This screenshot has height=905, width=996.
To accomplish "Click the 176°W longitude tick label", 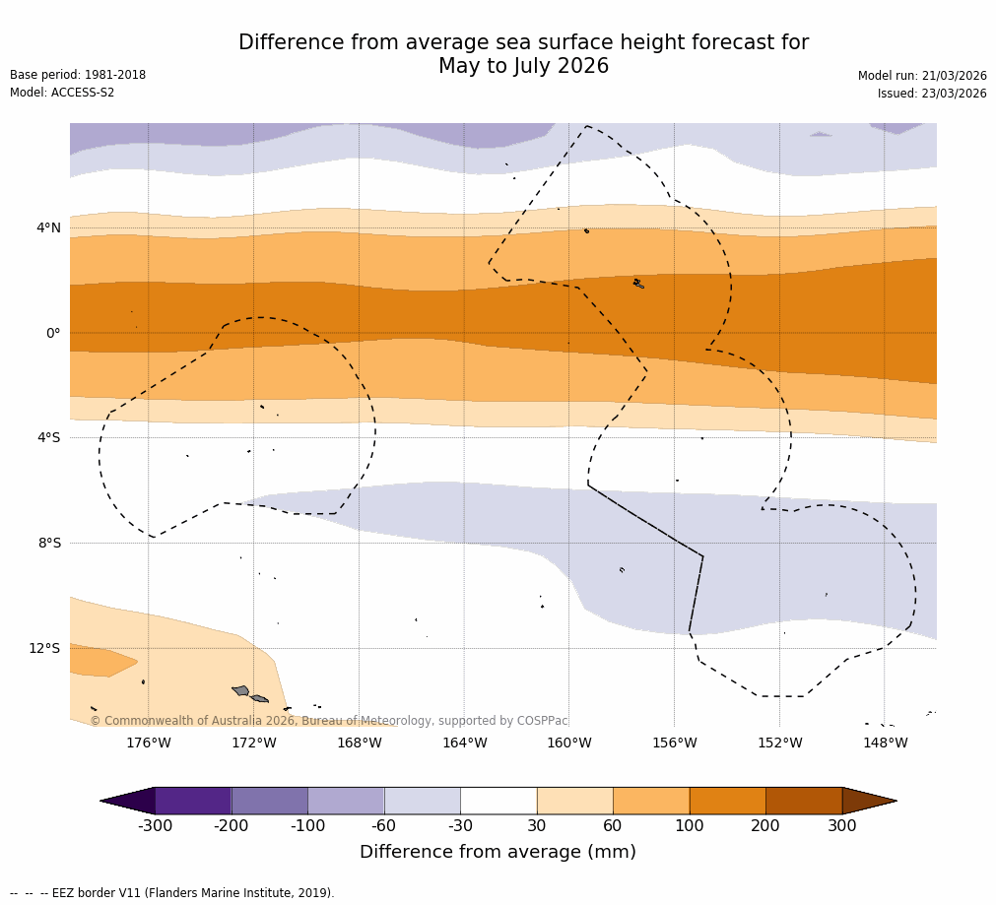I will tap(148, 743).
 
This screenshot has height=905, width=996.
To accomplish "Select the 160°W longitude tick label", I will tap(568, 743).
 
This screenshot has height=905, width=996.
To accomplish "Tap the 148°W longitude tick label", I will tap(885, 743).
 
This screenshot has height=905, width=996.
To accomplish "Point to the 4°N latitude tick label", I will tap(48, 228).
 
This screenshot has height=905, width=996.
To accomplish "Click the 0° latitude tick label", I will tap(53, 333).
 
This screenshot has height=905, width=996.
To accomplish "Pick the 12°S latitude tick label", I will tap(44, 648).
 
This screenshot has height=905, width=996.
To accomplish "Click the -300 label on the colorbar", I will tap(155, 826).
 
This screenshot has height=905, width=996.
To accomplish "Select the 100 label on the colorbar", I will tap(690, 826).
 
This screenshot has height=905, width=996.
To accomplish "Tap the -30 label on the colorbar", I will tap(460, 826).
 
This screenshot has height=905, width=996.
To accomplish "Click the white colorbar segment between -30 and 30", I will tap(498, 801).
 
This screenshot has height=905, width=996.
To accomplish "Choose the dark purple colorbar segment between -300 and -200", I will tap(193, 801).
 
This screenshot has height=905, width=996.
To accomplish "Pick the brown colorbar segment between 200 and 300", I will tap(804, 801).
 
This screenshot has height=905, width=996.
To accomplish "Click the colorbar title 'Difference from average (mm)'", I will tap(498, 853).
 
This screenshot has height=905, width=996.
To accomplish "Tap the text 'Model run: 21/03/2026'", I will tap(922, 76).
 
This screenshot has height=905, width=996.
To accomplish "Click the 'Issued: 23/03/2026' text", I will tap(932, 94).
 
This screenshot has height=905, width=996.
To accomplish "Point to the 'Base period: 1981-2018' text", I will tap(78, 75).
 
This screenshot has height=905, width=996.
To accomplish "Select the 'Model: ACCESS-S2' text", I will tap(62, 93).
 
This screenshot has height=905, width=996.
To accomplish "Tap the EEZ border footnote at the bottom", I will tap(172, 893).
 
